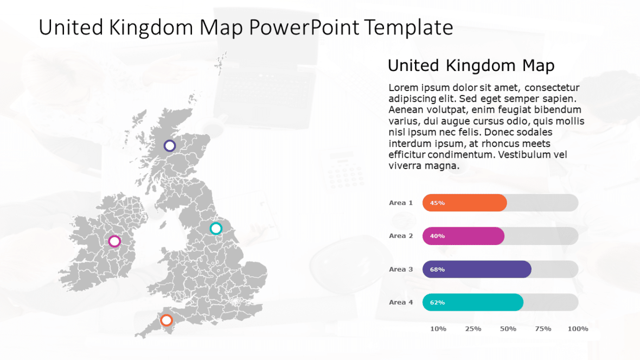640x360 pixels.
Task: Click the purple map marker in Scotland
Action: click(x=170, y=145)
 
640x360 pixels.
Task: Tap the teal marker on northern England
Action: click(x=216, y=228)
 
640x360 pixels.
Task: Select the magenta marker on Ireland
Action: click(x=114, y=241)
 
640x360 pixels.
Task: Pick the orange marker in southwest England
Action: click(x=167, y=320)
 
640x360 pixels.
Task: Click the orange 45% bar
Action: click(x=464, y=203)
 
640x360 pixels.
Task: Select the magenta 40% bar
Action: click(x=463, y=236)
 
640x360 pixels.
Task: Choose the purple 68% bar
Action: click(x=477, y=269)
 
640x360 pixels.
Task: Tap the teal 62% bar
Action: click(x=472, y=303)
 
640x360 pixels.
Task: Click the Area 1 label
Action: click(x=401, y=203)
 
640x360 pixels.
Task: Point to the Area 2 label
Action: click(x=401, y=236)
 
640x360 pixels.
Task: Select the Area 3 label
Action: click(x=401, y=269)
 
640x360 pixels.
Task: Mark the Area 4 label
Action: click(x=401, y=303)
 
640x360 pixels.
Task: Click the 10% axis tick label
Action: click(x=438, y=329)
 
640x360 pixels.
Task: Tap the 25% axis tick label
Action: click(x=473, y=329)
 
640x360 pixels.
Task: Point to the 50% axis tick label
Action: click(x=508, y=329)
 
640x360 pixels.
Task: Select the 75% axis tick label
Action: click(x=543, y=329)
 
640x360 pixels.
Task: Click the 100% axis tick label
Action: click(x=578, y=329)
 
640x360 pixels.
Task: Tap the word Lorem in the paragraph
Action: click(x=403, y=88)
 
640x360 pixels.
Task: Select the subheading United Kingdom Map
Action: click(x=471, y=66)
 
